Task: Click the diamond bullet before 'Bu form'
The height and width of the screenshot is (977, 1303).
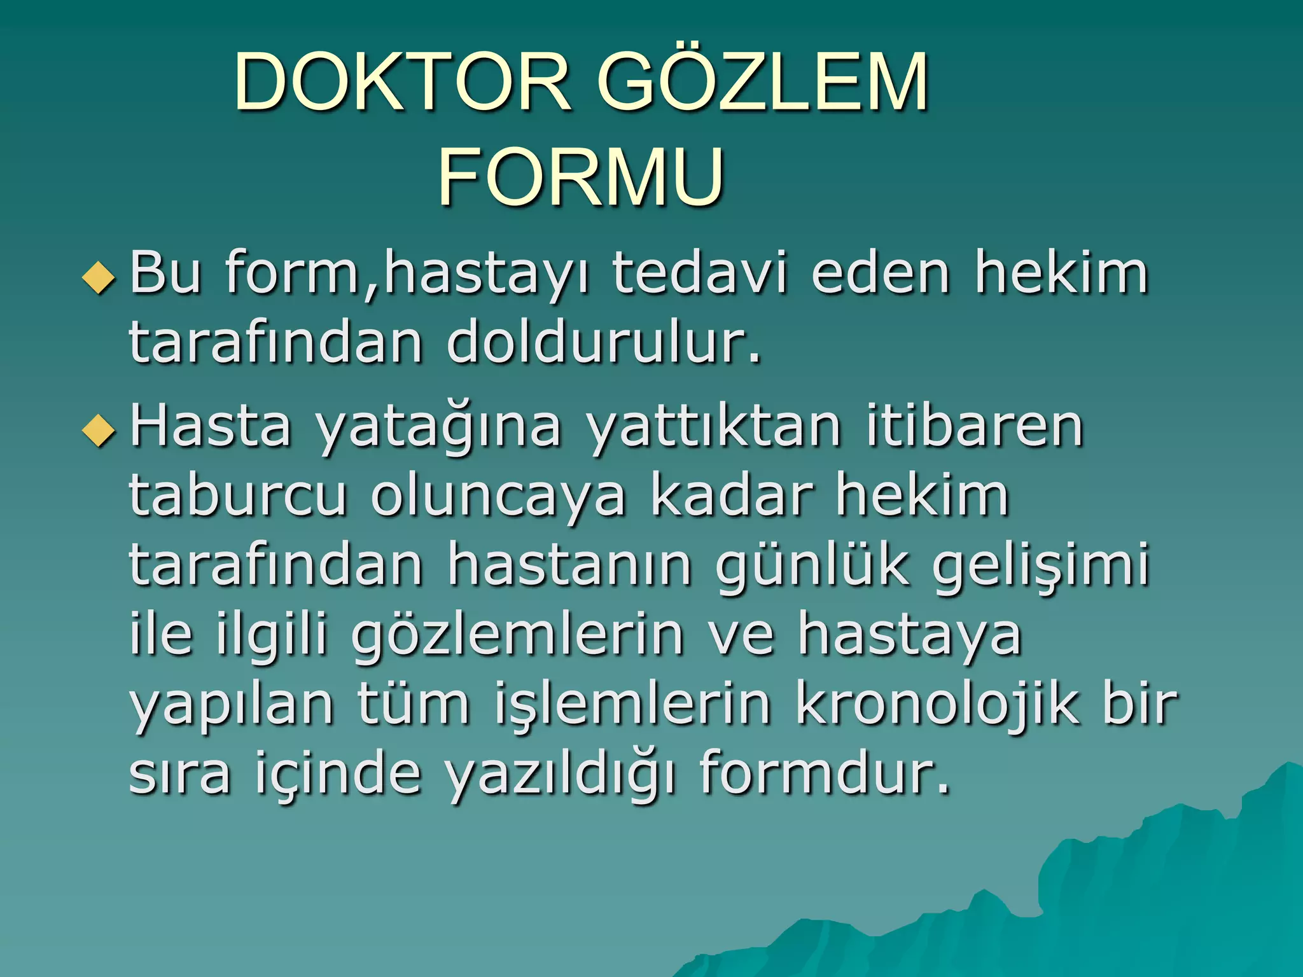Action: click(99, 279)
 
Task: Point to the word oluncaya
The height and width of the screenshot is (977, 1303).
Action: click(498, 497)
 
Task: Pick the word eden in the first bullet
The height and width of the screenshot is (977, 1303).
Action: click(881, 274)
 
